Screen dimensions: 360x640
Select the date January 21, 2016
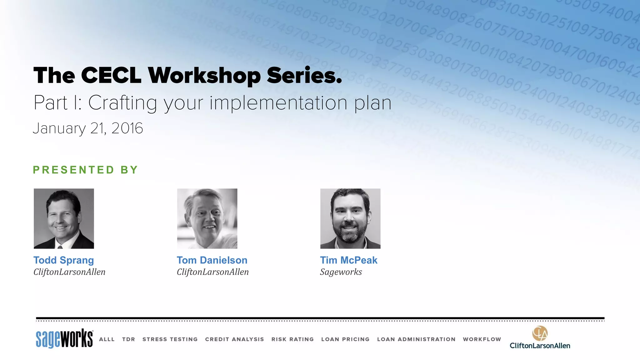click(x=88, y=128)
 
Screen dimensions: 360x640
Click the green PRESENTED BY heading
click(x=85, y=170)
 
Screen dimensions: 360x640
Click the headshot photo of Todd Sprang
click(x=64, y=218)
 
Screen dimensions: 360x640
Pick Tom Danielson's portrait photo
click(x=207, y=218)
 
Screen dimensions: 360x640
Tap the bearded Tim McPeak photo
click(x=350, y=218)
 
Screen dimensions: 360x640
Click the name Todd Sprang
click(x=64, y=260)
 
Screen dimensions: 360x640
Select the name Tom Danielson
click(x=212, y=260)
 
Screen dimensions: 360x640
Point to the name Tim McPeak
click(x=349, y=260)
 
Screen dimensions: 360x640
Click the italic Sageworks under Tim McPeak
click(x=341, y=272)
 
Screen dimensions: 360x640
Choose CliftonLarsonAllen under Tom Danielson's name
click(x=213, y=272)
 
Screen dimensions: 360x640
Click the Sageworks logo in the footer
click(x=64, y=338)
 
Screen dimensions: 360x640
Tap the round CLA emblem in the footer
click(x=540, y=333)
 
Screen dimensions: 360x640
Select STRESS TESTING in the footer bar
click(x=170, y=339)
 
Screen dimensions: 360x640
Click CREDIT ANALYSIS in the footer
click(x=234, y=339)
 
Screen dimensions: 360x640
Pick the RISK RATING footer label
click(x=292, y=339)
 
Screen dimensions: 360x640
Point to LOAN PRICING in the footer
click(x=345, y=339)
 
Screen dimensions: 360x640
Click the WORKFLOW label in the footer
click(x=482, y=339)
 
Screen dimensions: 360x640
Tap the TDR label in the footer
click(x=128, y=339)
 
